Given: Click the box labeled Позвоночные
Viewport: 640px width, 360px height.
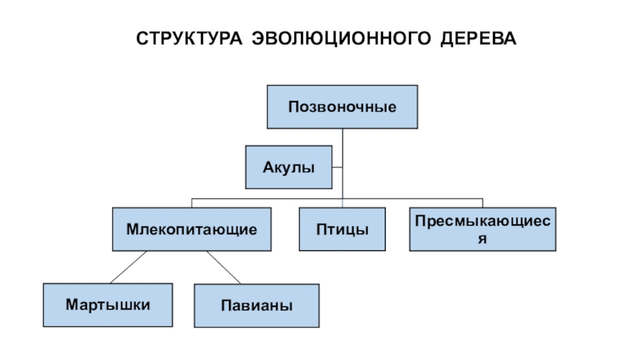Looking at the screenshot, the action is click(342, 107).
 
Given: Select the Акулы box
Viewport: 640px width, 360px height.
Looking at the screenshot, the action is click(289, 167).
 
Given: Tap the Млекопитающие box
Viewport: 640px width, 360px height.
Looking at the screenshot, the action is click(191, 229).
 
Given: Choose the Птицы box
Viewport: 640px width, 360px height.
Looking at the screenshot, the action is click(342, 229).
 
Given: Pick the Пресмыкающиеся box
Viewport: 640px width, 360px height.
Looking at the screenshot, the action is click(482, 229).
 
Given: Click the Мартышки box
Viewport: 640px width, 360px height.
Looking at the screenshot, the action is click(108, 305).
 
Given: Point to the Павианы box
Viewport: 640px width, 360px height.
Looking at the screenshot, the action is click(257, 306).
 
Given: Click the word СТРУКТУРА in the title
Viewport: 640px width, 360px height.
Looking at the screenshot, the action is click(189, 38).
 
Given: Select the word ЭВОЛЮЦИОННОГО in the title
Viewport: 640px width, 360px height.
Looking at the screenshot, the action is click(342, 38).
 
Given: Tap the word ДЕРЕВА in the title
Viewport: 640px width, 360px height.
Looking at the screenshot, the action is click(478, 38).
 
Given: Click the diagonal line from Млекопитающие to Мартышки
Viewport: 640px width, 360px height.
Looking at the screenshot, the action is click(128, 267).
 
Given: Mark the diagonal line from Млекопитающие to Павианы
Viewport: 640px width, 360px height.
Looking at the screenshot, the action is click(224, 267).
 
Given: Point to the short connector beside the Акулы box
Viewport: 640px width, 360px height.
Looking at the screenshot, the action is click(337, 167).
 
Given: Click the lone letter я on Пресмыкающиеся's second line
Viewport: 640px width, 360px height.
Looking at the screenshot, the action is click(482, 238).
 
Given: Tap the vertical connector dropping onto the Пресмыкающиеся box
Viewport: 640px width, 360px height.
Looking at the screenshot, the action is click(482, 203).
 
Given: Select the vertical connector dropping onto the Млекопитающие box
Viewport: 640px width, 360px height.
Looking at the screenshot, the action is click(191, 203).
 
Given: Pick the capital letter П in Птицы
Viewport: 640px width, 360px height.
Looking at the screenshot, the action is click(321, 230).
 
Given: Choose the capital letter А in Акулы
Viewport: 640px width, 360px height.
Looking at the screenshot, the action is click(268, 167).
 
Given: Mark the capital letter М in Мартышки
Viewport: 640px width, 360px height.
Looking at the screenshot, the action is click(71, 305).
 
